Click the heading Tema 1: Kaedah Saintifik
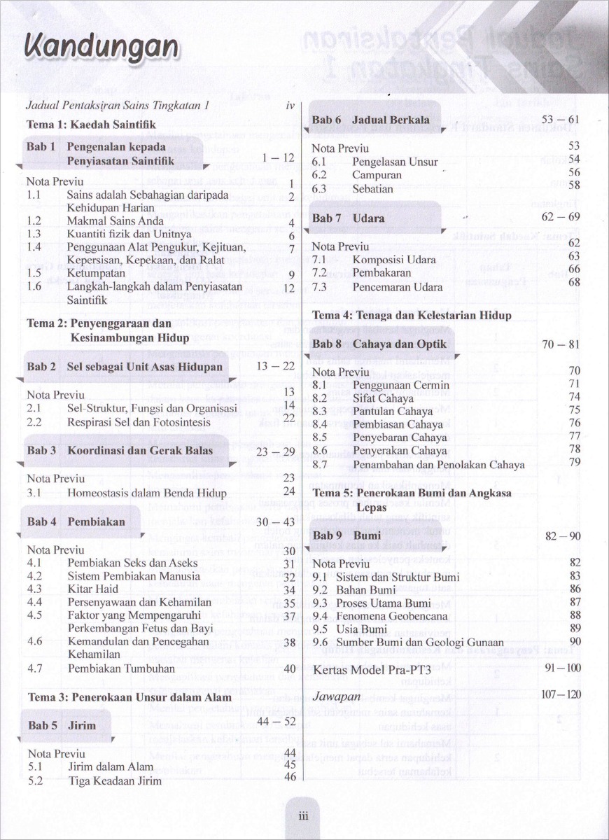90,123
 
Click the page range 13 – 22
276,366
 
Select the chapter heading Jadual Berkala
391,120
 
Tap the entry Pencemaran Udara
398,287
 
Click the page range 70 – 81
561,344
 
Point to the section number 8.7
320,464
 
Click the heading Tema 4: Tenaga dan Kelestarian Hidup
412,315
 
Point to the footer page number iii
304,815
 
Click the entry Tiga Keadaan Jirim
114,780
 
